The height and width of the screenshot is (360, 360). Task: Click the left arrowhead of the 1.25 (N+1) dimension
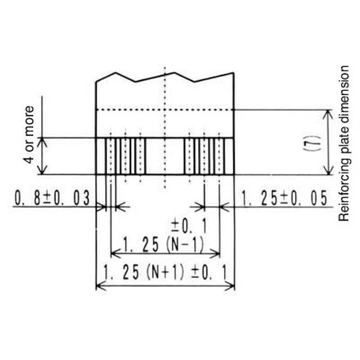click(x=99, y=286)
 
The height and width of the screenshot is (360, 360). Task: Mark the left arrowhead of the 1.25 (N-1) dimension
click(x=113, y=254)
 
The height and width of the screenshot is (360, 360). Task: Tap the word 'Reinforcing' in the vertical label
click(x=343, y=197)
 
